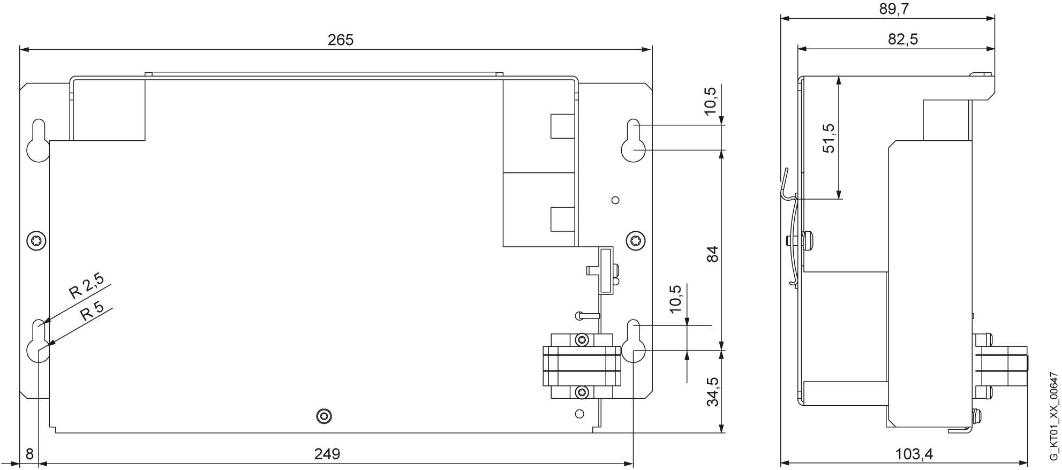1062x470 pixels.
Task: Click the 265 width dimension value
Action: coord(341,40)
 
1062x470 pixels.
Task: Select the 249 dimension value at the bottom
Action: coord(327,454)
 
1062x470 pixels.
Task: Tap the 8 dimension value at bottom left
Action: coord(29,454)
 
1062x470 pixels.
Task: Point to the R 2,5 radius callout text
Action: coord(86,285)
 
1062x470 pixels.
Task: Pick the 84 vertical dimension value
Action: coord(712,254)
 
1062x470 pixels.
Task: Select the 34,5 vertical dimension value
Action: coord(712,392)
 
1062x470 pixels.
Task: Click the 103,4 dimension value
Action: coord(914,454)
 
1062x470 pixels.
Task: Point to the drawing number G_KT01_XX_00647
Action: coord(1053,417)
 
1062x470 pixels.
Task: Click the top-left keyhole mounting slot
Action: coord(38,140)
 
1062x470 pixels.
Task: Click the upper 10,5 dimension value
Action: coord(710,101)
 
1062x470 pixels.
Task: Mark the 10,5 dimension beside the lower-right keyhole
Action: coord(675,299)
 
